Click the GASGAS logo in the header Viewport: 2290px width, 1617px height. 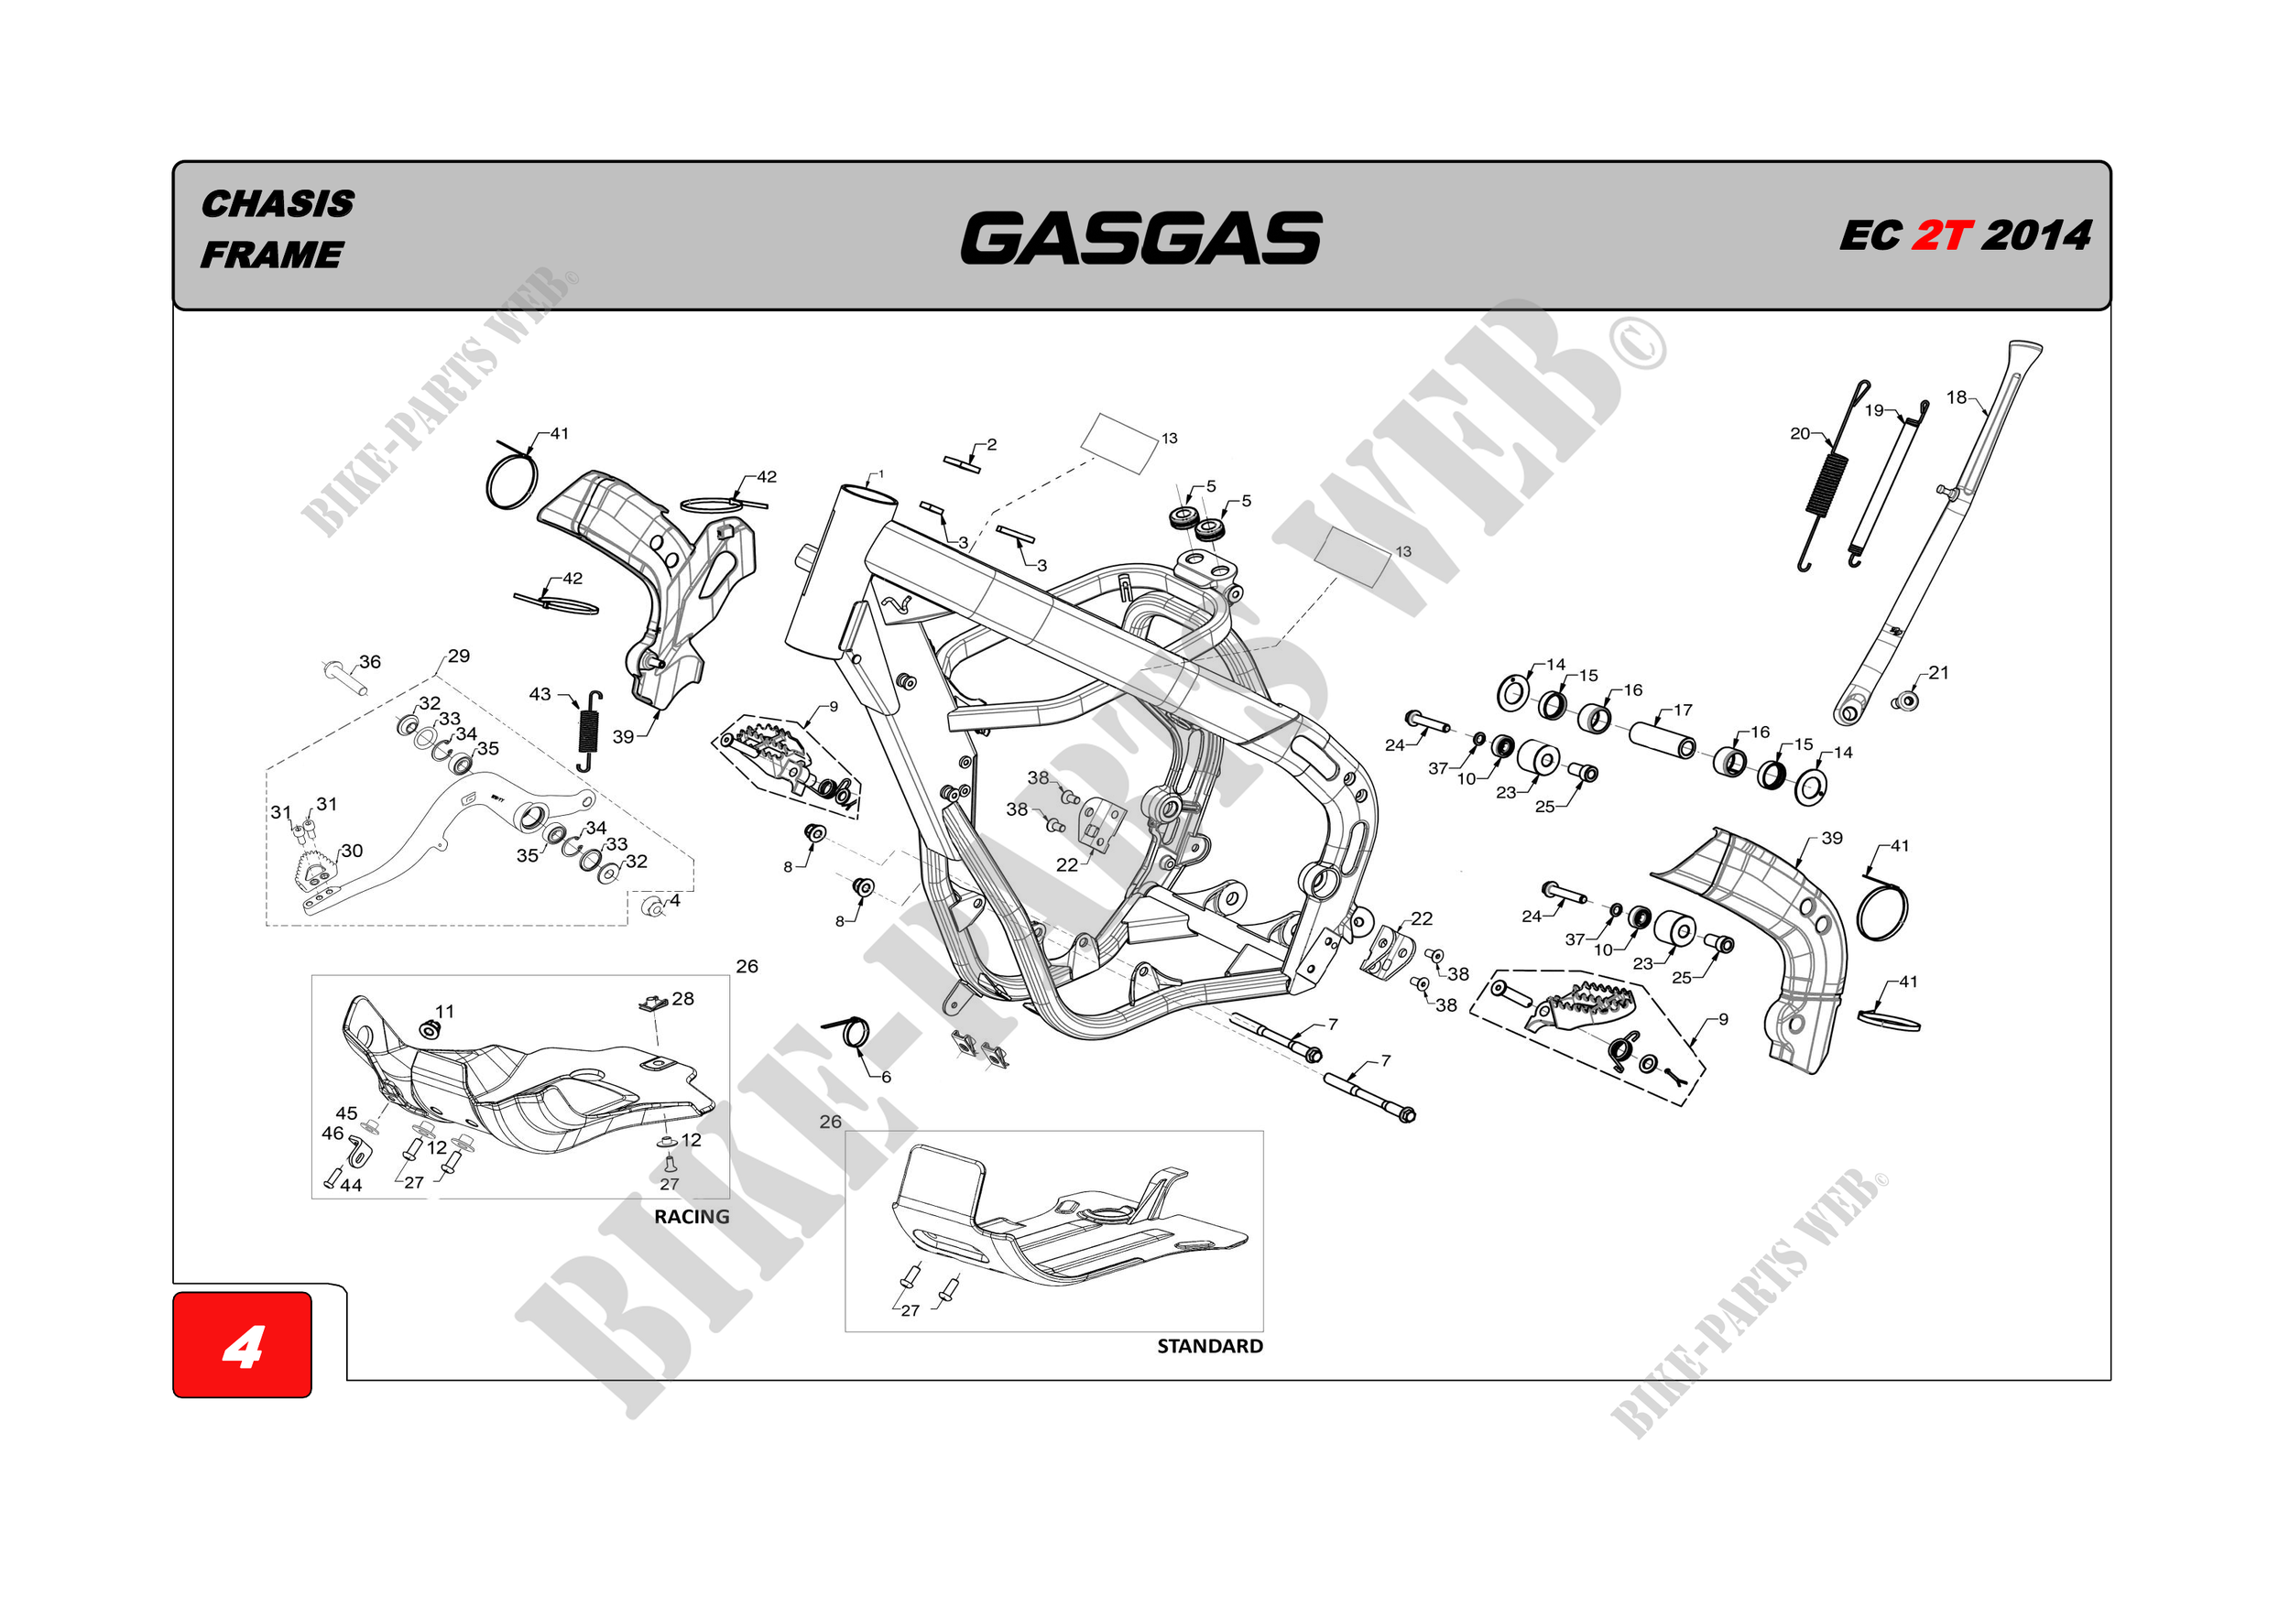(1141, 237)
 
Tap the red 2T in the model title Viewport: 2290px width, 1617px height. (1942, 236)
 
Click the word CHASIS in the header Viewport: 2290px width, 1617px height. (278, 204)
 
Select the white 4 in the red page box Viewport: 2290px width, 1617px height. (243, 1347)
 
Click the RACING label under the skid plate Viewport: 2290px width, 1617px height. (692, 1216)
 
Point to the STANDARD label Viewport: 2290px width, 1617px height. (1209, 1346)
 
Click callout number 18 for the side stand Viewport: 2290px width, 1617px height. (1956, 397)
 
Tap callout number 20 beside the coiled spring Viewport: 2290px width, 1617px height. (1799, 434)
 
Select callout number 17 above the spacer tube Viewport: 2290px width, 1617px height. (1683, 710)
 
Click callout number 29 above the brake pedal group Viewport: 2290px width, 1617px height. (458, 656)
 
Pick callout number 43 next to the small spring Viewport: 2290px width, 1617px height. (540, 694)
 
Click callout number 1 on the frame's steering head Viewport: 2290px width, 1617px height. (880, 474)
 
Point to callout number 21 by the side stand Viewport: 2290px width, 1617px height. (1938, 673)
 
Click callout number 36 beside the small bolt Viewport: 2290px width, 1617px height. (370, 662)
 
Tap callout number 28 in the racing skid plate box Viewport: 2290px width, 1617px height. (682, 998)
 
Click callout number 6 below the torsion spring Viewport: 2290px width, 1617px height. (886, 1077)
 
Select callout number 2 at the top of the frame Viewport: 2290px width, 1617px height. (991, 445)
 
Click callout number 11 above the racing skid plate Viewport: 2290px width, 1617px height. (445, 1011)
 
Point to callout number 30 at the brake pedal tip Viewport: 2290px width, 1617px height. (352, 851)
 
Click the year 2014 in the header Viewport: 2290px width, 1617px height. (2035, 236)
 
